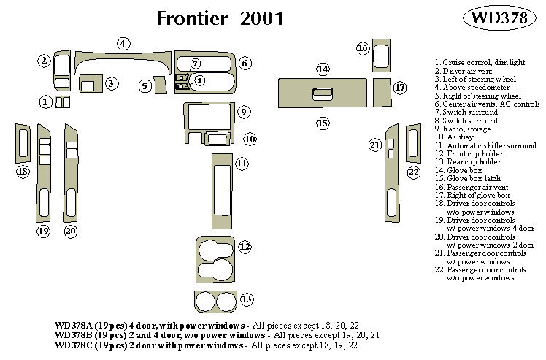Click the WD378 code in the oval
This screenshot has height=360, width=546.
coord(500,19)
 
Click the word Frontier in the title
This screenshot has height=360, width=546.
coord(193,18)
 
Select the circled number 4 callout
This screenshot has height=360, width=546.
coord(124,43)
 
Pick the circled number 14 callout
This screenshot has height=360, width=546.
coord(323,69)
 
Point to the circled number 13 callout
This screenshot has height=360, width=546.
coord(247,299)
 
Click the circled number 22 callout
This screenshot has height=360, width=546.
coord(414,172)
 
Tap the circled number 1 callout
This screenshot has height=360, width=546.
coord(46,102)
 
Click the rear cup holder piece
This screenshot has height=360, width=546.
coord(216,301)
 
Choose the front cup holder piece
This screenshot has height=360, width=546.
coord(216,257)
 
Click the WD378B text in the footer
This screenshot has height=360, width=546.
coord(76,334)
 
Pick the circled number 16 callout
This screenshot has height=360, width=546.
coord(363,48)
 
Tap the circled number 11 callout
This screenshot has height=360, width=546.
coord(242,164)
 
